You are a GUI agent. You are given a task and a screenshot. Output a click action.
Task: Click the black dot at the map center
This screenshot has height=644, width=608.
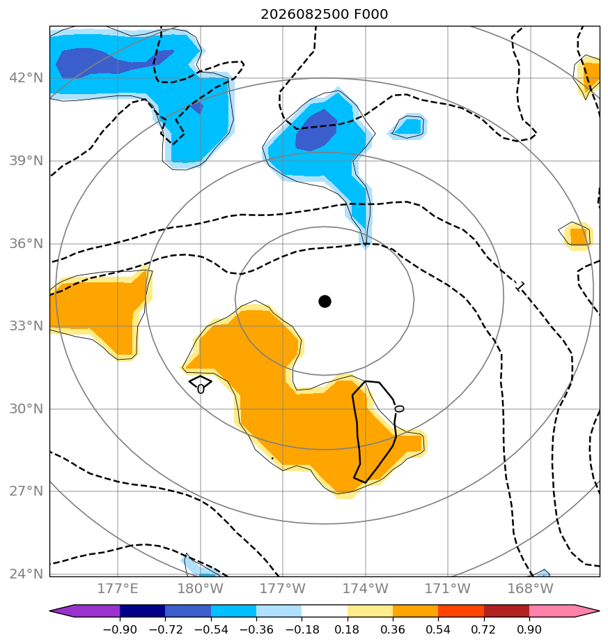click(325, 302)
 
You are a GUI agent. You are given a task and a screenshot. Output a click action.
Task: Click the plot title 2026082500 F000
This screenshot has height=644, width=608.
click(325, 15)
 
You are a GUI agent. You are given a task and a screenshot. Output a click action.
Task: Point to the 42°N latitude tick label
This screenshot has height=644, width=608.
click(26, 77)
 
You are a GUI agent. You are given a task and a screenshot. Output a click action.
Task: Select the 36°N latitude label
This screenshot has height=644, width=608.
click(26, 243)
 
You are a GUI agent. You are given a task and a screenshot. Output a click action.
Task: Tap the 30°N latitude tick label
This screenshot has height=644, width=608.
click(26, 408)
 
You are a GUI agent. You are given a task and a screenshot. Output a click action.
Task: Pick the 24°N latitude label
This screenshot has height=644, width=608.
click(26, 574)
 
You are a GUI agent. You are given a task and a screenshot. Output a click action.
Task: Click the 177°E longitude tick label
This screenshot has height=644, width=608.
click(118, 588)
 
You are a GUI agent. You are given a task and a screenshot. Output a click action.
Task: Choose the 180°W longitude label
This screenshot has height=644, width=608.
click(201, 588)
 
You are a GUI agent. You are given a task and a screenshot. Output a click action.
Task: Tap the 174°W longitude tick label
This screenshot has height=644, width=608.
click(366, 588)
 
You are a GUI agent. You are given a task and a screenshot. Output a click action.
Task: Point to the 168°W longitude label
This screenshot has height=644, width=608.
click(531, 588)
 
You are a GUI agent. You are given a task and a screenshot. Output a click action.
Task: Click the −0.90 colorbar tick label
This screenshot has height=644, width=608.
click(120, 629)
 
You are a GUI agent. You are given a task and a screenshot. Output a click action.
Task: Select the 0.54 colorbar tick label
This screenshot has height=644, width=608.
click(438, 629)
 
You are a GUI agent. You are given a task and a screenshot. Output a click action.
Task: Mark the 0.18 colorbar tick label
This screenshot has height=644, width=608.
click(347, 629)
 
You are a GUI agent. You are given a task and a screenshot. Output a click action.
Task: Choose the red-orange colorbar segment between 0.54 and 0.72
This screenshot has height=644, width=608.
click(461, 611)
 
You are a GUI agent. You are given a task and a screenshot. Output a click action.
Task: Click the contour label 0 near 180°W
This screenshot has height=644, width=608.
click(201, 388)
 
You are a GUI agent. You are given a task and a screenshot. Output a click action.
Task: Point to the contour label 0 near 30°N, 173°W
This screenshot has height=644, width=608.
click(399, 408)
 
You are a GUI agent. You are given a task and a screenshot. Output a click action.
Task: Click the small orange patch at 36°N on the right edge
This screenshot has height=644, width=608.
click(578, 236)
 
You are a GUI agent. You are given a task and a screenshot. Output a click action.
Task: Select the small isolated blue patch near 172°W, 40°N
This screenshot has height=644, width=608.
click(409, 127)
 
